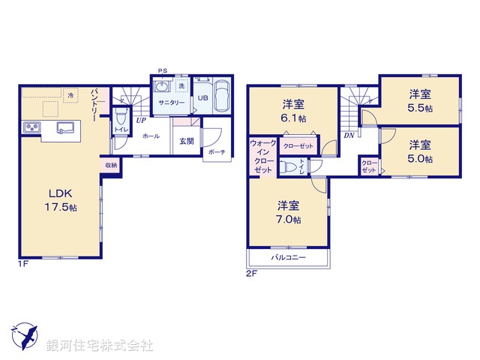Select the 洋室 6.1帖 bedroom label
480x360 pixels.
tap(293, 111)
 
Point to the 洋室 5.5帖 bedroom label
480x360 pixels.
tap(420, 101)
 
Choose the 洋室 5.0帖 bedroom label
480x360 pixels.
tap(420, 151)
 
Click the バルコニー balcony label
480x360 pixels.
tap(289, 256)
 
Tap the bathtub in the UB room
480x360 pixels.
tap(223, 97)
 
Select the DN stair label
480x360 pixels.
tap(349, 136)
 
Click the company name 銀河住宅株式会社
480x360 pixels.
tap(100, 346)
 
